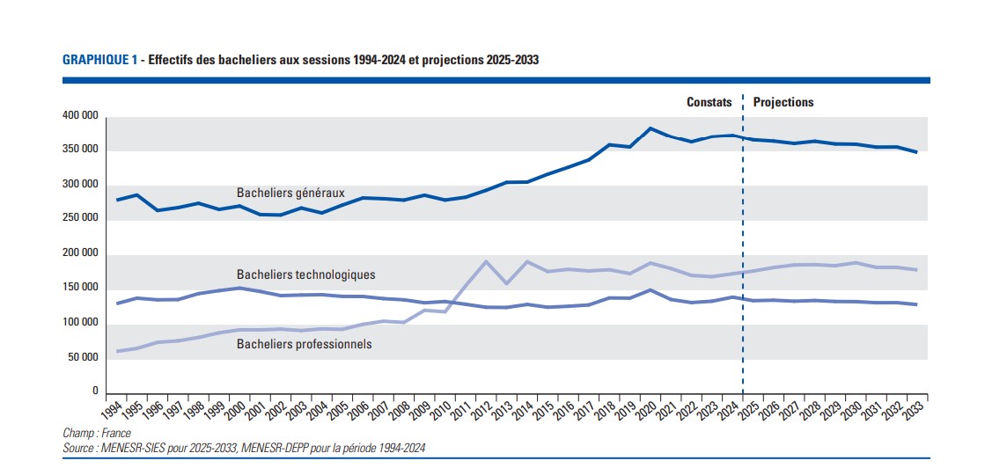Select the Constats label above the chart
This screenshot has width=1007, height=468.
709,102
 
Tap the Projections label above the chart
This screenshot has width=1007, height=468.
783,102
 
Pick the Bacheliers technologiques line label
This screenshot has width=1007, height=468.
305,274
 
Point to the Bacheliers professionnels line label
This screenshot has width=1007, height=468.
304,344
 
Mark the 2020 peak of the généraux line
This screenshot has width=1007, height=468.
650,128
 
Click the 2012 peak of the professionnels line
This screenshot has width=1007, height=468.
486,261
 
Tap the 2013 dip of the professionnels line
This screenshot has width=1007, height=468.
506,283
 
